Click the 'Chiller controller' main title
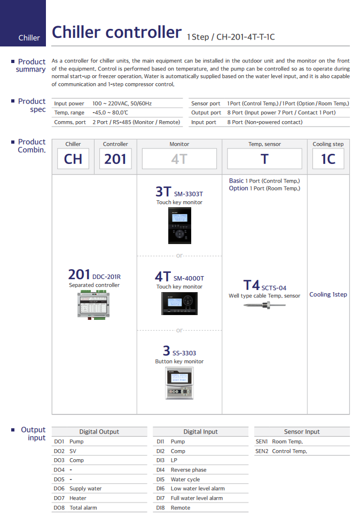116,33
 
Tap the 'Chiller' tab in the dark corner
29,38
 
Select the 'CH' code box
73,159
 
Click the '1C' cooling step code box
328,159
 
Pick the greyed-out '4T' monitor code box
179,159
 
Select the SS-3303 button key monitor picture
179,383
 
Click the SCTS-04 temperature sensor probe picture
264,305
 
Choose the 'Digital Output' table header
99,431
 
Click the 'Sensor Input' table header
302,431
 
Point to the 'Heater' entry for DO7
78,498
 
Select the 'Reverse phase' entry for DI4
189,470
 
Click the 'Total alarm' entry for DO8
83,508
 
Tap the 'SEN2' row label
262,451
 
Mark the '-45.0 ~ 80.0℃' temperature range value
110,113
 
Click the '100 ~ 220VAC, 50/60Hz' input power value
122,103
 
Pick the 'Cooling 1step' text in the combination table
328,294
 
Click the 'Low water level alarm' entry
198,489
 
